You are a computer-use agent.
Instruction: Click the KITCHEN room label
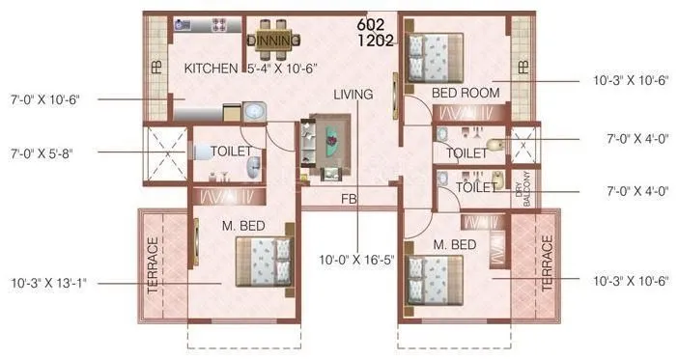pos(211,69)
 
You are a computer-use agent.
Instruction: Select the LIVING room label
pos(353,96)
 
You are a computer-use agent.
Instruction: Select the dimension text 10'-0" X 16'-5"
pos(359,260)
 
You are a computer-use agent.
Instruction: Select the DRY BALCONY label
pos(521,190)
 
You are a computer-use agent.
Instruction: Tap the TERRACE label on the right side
pos(548,265)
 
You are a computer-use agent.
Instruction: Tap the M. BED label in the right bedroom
pos(453,245)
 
